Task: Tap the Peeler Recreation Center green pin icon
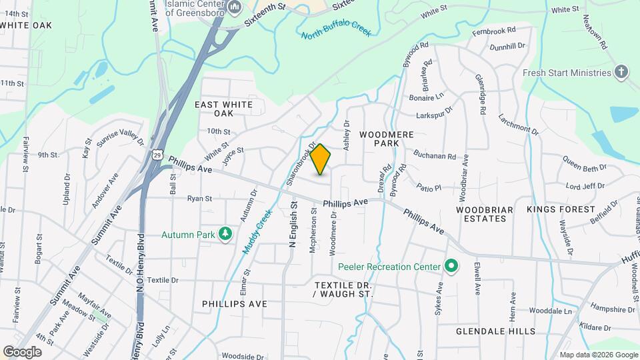pos(451,267)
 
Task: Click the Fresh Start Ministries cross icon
pos(621,73)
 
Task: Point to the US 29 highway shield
pos(157,155)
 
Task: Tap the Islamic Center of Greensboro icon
pos(234,7)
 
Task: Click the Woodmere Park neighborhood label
pos(387,139)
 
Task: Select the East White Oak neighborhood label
pos(223,110)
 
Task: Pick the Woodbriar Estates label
pos(485,214)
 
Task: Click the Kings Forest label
pos(560,209)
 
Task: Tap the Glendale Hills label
pos(495,331)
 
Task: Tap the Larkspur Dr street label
pos(435,113)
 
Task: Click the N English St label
pos(292,227)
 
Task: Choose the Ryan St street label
pos(199,198)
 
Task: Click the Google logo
pos(23,351)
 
